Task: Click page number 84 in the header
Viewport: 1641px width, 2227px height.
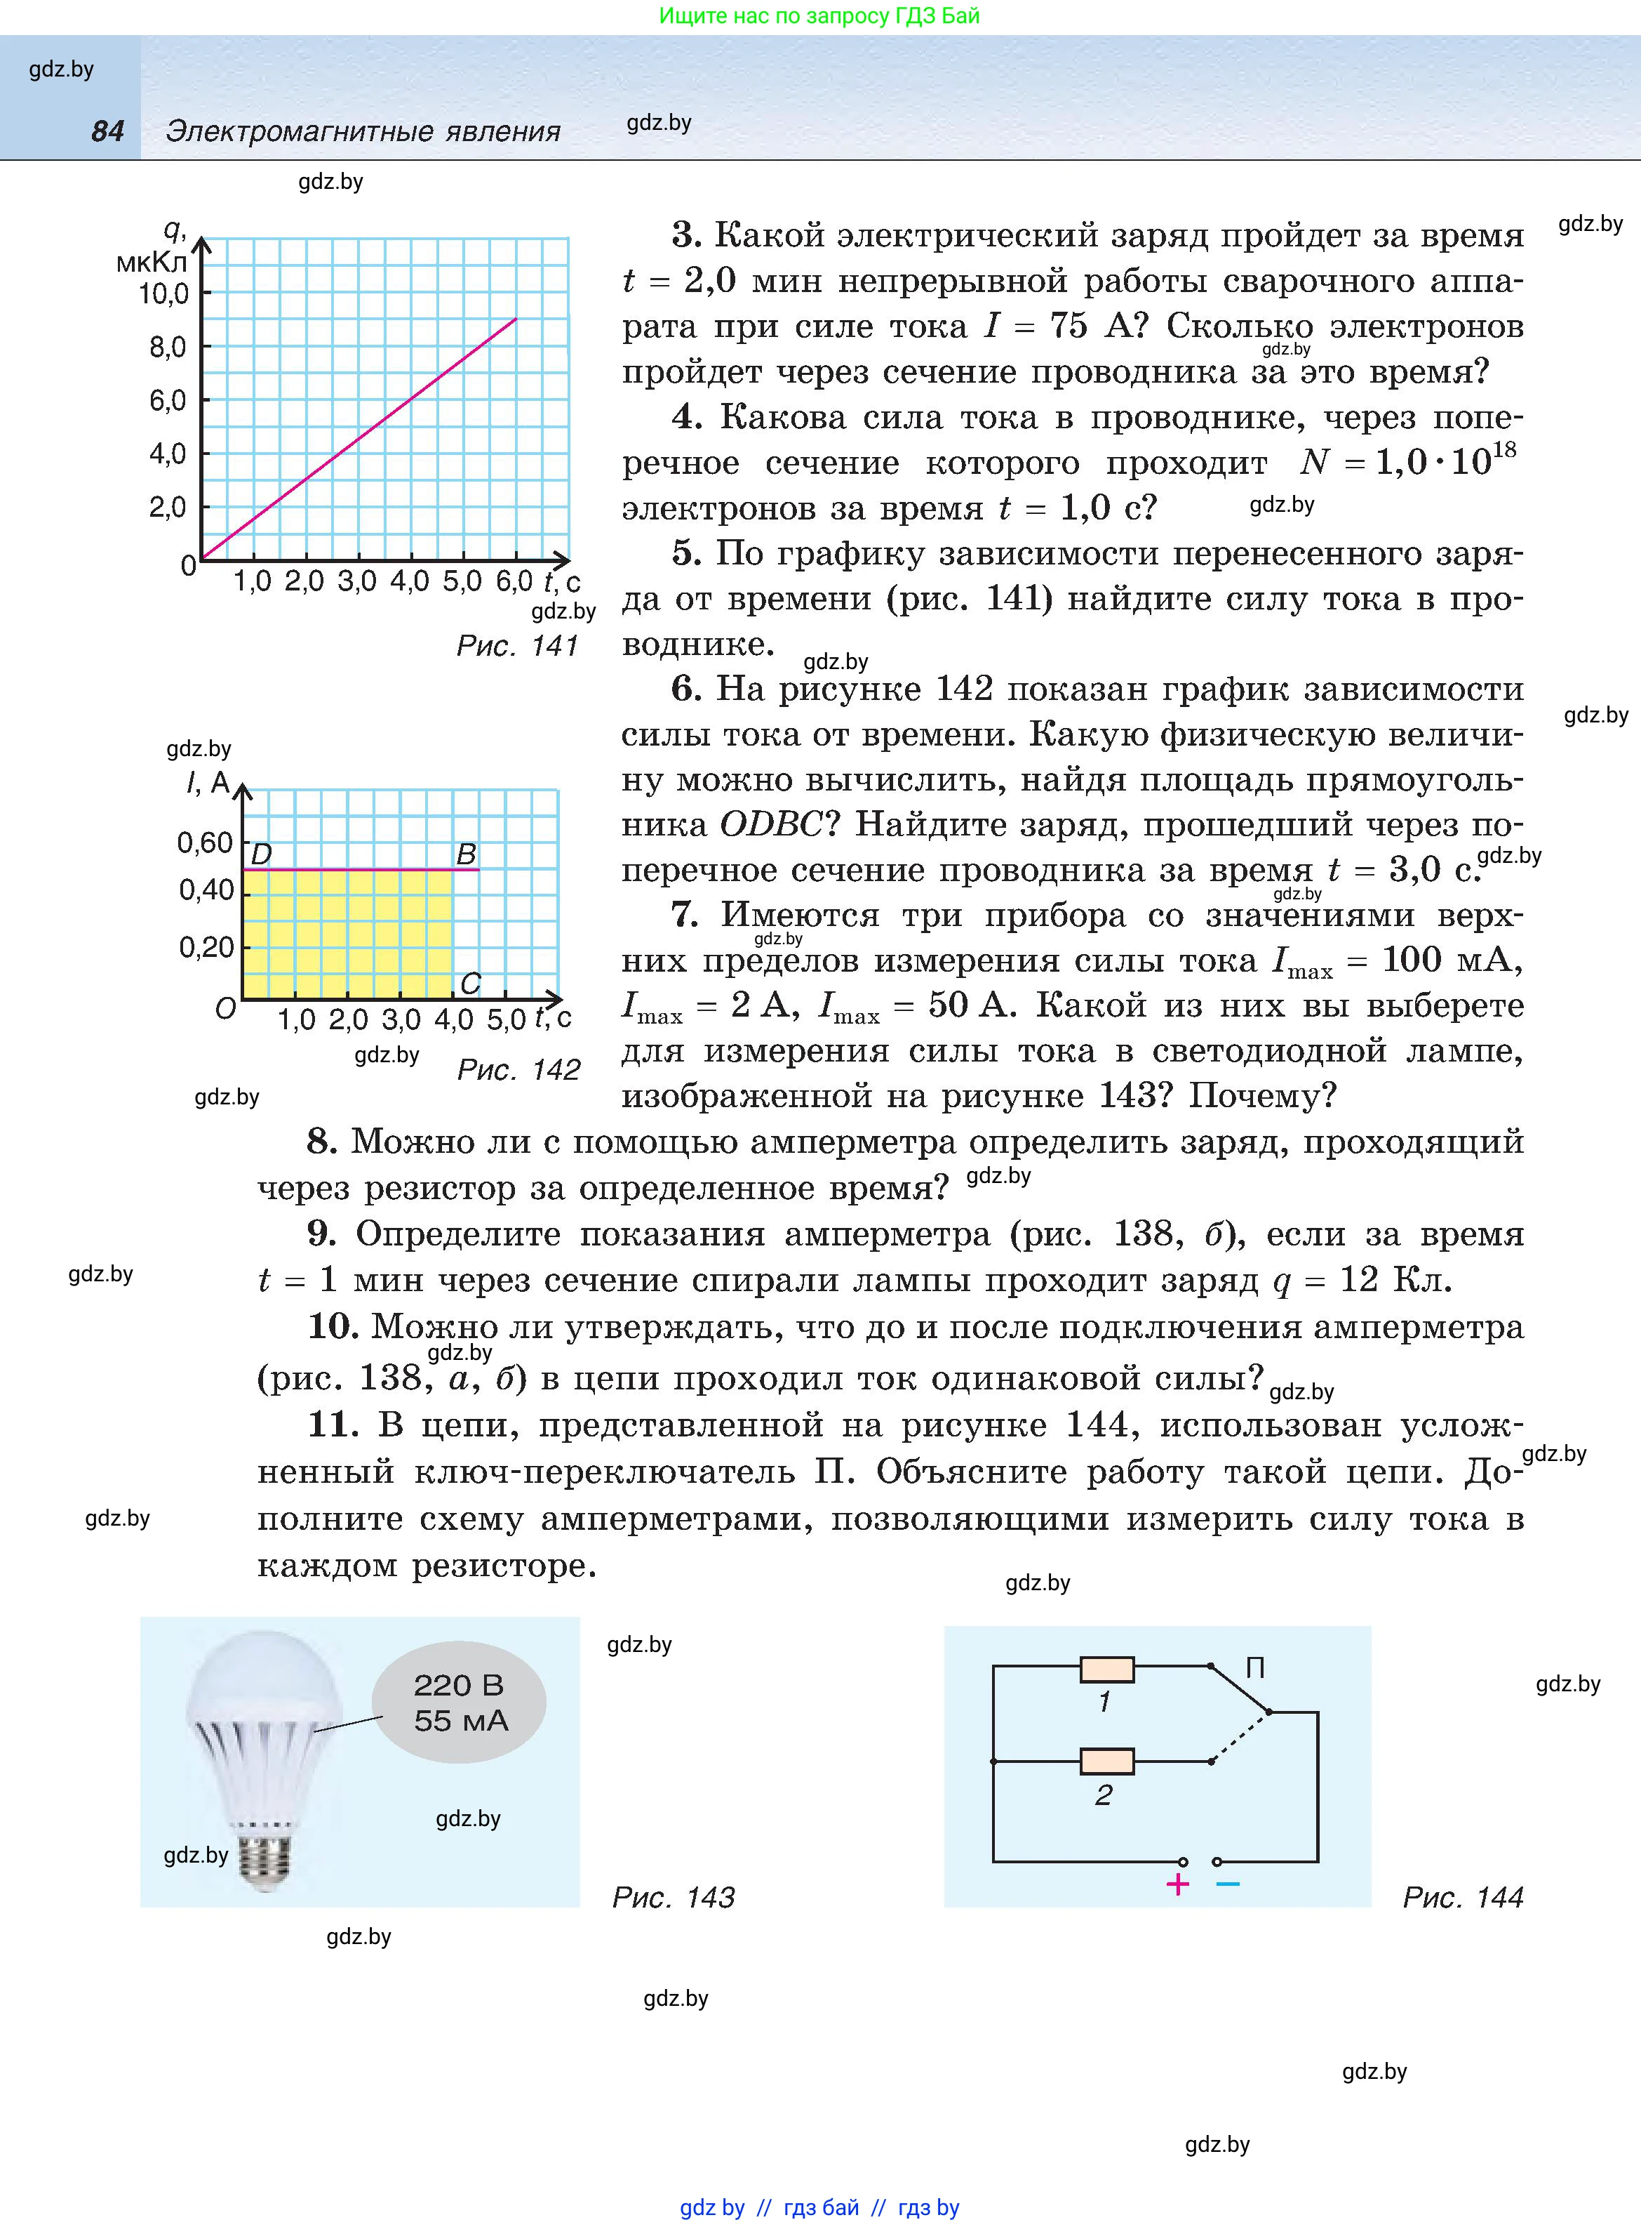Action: (107, 130)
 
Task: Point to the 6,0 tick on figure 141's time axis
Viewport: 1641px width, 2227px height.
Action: (514, 581)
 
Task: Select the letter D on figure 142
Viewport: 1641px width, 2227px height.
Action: (261, 854)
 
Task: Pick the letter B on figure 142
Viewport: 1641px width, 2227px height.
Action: (465, 854)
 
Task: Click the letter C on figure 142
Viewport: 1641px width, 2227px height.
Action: (470, 983)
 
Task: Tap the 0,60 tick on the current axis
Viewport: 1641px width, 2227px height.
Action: (205, 842)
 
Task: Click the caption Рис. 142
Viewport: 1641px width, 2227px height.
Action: (518, 1069)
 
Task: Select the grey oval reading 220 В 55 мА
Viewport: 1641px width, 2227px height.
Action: (459, 1703)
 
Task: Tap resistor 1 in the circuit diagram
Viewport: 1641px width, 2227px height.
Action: (1106, 1669)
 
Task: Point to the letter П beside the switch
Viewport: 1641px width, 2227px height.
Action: (1254, 1667)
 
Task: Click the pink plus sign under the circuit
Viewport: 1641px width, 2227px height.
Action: (1177, 1884)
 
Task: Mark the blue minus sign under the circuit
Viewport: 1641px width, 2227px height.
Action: (1228, 1883)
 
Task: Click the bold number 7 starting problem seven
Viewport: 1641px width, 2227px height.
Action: (685, 914)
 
